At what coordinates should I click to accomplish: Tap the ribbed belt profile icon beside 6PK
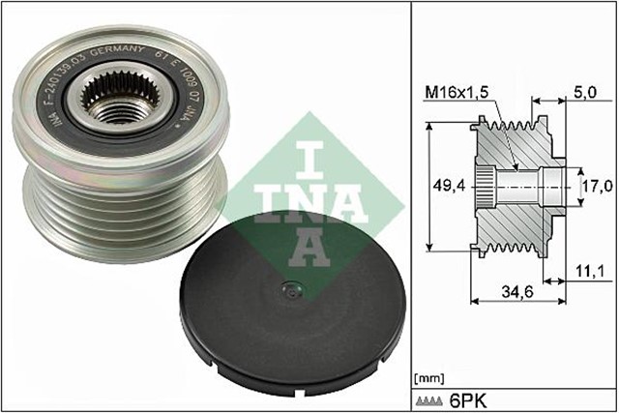pos(431,398)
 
